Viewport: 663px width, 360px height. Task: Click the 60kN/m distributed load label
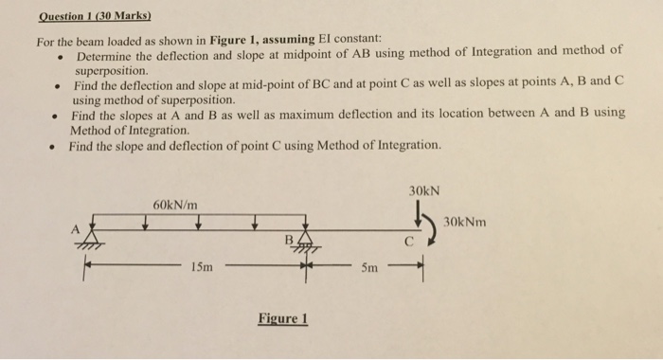click(175, 204)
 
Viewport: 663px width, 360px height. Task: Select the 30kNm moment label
click(465, 222)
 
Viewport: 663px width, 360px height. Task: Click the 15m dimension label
click(201, 268)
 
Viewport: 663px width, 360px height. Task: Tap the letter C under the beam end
click(410, 243)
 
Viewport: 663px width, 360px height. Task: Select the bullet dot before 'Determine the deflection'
click(61, 55)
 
